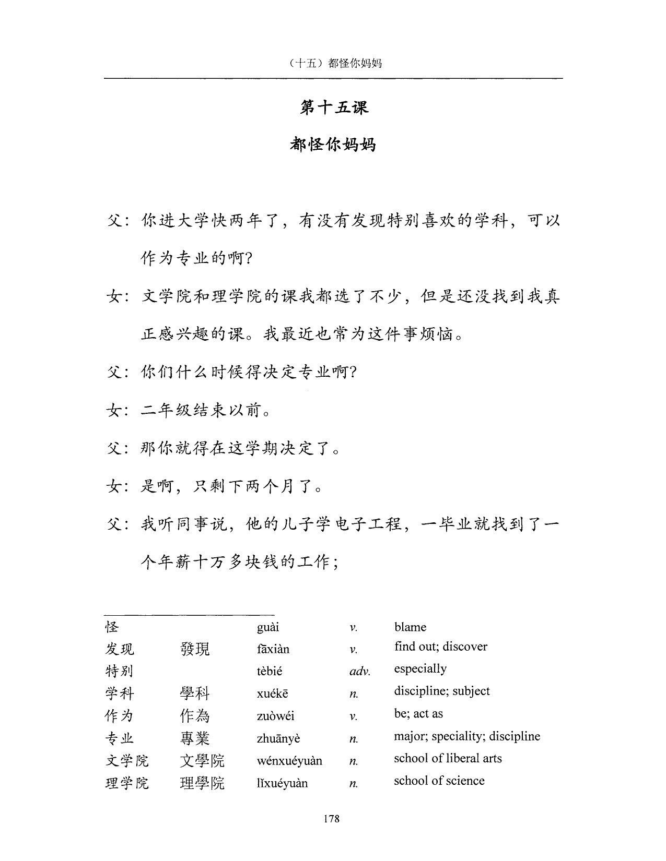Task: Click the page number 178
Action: pos(332,819)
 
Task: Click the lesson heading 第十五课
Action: pos(333,107)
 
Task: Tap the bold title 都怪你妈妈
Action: pos(333,145)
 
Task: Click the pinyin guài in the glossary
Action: pos(268,627)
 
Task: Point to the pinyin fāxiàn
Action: pos(273,649)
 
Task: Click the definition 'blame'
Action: pos(410,627)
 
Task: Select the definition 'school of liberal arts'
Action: pos(448,758)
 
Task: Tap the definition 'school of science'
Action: pos(439,781)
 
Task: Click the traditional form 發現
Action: pos(195,649)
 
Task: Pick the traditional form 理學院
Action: pos(202,783)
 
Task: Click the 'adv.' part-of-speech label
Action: pos(359,672)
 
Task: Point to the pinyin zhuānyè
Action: pos(278,738)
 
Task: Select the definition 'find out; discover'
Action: pos(441,647)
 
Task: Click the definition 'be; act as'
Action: pos(418,713)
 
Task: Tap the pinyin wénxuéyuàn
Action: pos(289,761)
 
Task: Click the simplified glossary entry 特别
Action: pos(120,671)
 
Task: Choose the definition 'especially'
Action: pos(420,669)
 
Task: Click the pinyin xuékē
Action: pos(272,694)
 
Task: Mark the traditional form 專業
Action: pos(195,738)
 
